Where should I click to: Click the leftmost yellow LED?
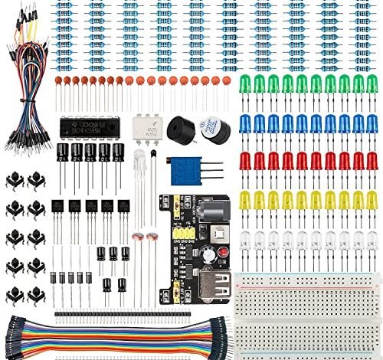point(246,201)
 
